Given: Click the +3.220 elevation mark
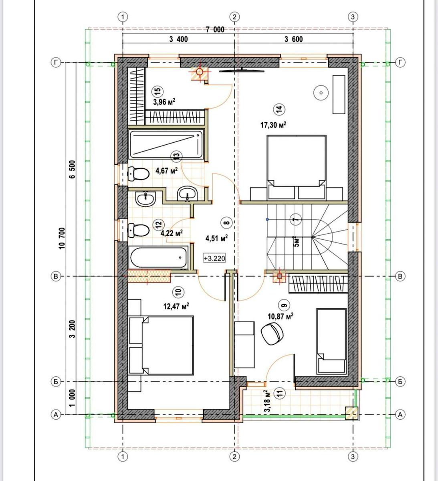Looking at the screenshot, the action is [x=214, y=258].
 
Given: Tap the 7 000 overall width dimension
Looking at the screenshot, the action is [x=215, y=30].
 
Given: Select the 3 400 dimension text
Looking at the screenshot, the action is [x=179, y=39].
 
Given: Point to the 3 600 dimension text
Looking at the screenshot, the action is [x=294, y=39].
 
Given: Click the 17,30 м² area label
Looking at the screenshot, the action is [x=274, y=125].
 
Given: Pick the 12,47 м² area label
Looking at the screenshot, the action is [x=176, y=306].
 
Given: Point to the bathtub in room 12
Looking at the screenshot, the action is [x=159, y=257].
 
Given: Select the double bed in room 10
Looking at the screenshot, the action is [x=161, y=346].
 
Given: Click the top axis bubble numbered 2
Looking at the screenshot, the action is [x=234, y=17].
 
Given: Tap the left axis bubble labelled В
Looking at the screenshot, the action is [x=56, y=276].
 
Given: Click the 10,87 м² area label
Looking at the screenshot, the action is [x=281, y=316].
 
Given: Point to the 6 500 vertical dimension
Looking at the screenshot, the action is [x=72, y=169].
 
